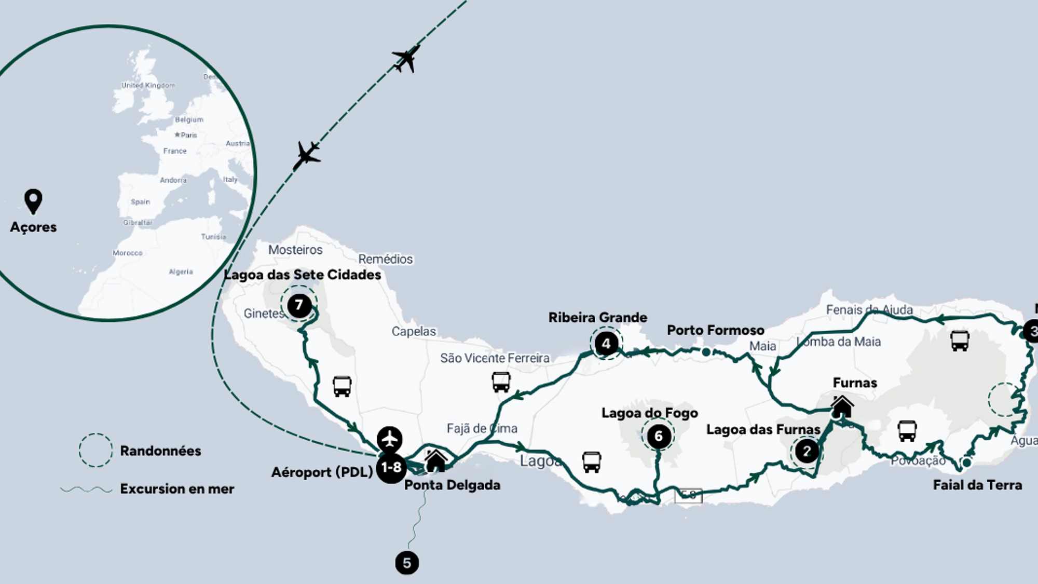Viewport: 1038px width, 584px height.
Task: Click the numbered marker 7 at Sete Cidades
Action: [x=299, y=305]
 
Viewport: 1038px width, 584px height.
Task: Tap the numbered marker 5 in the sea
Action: [x=407, y=563]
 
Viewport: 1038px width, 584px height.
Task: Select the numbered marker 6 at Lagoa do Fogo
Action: [x=659, y=436]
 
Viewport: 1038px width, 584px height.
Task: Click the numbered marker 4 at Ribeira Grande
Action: [x=606, y=343]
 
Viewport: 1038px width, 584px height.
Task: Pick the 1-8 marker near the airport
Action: [x=391, y=467]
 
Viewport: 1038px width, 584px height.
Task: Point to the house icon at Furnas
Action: [x=842, y=406]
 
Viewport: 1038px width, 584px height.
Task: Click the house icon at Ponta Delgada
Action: [x=435, y=460]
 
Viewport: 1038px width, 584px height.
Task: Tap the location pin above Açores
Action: [x=33, y=201]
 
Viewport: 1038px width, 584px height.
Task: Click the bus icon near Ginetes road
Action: [x=342, y=386]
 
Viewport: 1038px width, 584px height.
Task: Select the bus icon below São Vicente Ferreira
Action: [x=501, y=382]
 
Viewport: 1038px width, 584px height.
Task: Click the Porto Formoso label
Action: [x=715, y=330]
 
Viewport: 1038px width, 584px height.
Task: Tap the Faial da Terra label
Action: [x=977, y=485]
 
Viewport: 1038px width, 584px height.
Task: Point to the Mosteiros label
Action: [x=295, y=250]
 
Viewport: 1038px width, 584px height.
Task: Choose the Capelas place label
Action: [x=414, y=331]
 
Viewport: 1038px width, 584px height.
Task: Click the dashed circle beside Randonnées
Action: [x=95, y=450]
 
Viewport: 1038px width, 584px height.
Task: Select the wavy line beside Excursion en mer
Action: [x=86, y=489]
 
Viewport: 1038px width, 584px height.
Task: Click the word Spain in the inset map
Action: [x=140, y=202]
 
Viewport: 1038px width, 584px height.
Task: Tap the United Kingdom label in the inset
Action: [x=148, y=85]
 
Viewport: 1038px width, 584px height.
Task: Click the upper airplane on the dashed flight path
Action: [x=406, y=58]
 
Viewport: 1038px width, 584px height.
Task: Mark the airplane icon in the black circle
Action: [x=389, y=440]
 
